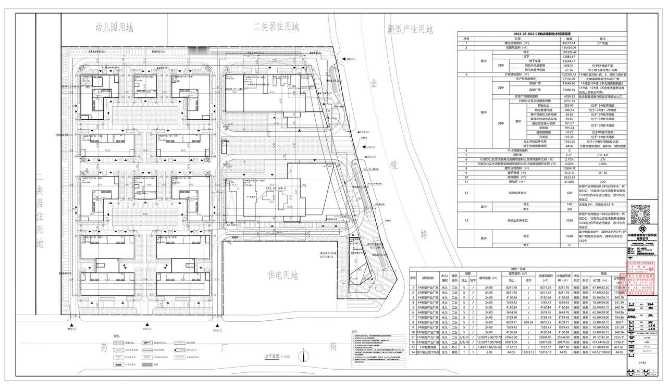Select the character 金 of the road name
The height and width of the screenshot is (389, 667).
[x=374, y=83]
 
